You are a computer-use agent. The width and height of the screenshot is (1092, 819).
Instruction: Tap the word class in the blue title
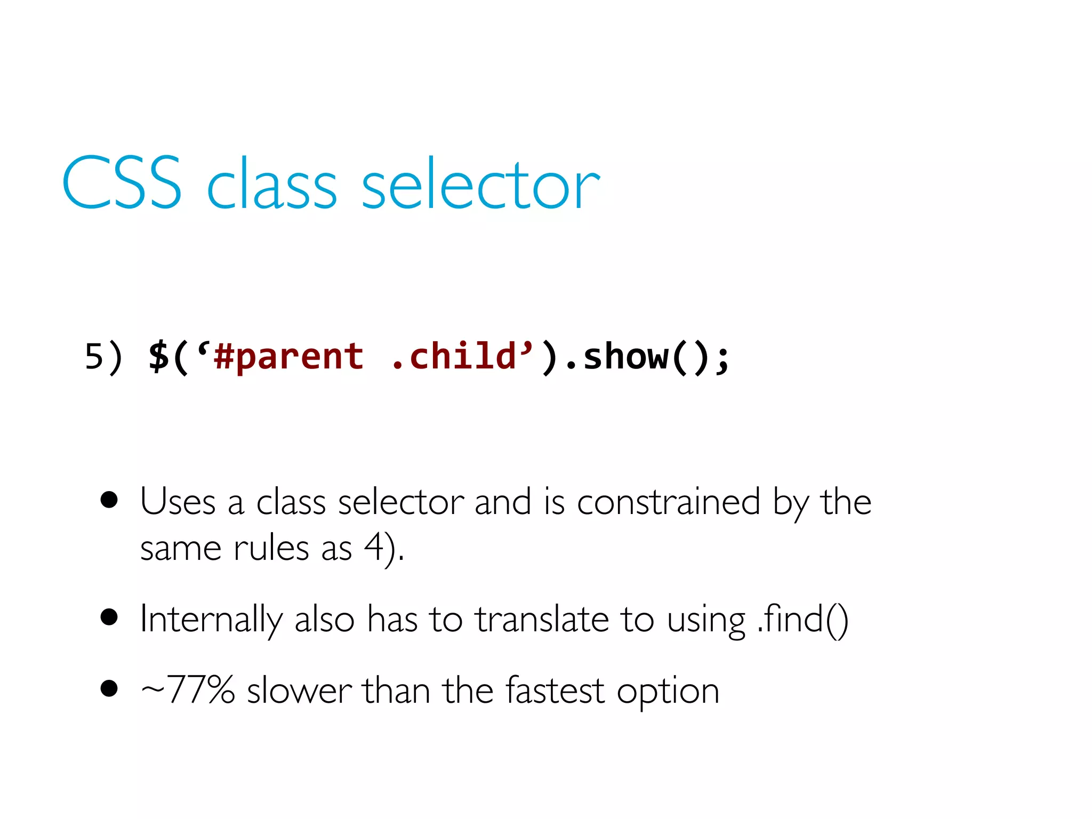(x=271, y=184)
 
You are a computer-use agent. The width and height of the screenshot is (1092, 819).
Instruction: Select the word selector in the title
(x=480, y=184)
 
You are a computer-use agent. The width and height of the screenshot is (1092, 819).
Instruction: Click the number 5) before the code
(x=103, y=357)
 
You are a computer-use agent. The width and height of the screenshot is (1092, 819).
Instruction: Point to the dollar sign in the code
(x=158, y=357)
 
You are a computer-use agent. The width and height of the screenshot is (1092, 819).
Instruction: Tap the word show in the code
(x=625, y=357)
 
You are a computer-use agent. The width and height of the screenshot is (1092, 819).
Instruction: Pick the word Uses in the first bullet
(x=178, y=502)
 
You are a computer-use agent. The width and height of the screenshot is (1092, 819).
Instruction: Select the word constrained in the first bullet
(x=669, y=502)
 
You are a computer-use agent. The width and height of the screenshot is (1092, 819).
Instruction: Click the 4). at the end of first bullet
(x=384, y=548)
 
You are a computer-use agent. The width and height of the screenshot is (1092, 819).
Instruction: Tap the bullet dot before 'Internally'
(x=109, y=617)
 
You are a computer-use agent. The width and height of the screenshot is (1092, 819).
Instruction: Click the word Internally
(x=211, y=620)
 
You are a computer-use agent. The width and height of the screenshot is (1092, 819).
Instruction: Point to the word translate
(x=542, y=620)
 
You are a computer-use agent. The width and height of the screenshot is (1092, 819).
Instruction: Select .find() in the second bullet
(x=802, y=620)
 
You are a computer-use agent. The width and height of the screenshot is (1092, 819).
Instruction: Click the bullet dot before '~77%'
(x=109, y=688)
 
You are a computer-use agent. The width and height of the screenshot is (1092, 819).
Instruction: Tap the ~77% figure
(x=188, y=690)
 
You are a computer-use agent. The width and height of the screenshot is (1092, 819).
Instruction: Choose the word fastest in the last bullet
(x=555, y=690)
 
